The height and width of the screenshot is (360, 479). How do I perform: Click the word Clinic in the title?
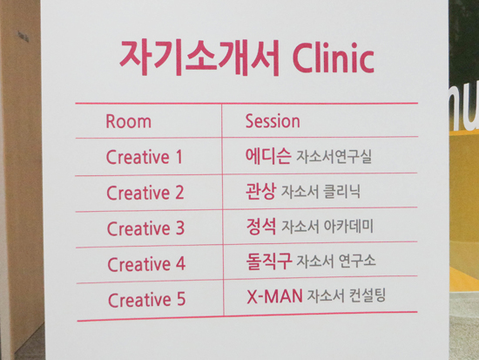334,58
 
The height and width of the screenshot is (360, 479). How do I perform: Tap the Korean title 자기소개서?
199,58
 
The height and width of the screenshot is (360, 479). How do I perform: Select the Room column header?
128,121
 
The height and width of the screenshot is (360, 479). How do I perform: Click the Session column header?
273,121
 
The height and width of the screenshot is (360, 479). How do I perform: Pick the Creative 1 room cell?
145,157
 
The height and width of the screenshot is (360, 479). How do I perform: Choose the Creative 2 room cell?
145,193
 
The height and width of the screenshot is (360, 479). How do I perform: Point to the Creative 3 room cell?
145,228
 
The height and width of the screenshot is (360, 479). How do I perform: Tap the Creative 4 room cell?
146,264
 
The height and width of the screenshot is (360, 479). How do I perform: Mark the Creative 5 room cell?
147,300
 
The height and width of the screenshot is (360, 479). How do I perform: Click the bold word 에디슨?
268,156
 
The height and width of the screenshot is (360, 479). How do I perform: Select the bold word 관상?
261,191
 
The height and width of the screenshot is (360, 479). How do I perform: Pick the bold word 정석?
261,227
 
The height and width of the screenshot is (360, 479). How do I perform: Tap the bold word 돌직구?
269,261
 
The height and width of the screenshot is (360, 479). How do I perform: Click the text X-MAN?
274,296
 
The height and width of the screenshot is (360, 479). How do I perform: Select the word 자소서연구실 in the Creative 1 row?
334,157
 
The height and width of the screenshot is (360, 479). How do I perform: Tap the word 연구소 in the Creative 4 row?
357,261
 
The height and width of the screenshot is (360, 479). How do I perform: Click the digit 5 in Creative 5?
181,299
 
